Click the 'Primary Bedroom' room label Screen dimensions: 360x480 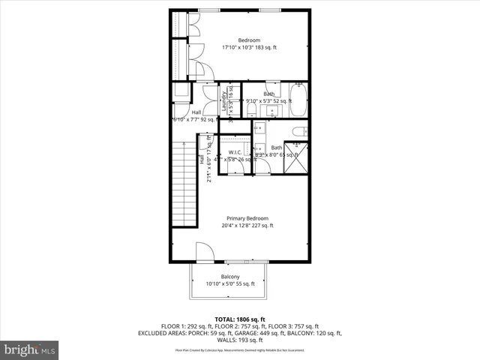point(247,217)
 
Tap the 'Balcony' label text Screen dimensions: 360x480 point(230,276)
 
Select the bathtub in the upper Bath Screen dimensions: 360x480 point(299,101)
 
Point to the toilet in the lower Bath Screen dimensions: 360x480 point(298,133)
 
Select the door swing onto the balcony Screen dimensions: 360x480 point(205,252)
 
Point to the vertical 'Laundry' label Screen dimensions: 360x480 point(224,101)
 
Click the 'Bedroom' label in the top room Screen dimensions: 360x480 point(249,40)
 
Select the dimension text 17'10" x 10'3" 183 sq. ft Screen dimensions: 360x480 point(249,47)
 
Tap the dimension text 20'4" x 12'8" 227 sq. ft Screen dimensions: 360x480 point(247,225)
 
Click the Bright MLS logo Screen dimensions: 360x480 point(30,349)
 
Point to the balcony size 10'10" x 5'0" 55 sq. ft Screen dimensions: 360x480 point(230,283)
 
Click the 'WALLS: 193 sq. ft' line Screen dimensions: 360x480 point(239,339)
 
